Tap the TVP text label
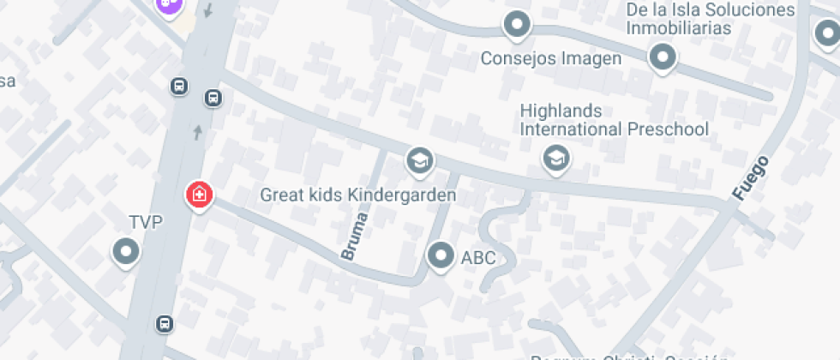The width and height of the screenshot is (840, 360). click(145, 223)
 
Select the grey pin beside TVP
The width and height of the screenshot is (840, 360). click(127, 252)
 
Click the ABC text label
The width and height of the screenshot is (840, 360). click(478, 257)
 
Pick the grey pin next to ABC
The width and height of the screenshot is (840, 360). click(441, 255)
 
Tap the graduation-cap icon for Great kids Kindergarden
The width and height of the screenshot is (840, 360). click(419, 160)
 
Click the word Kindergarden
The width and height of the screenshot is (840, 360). click(403, 195)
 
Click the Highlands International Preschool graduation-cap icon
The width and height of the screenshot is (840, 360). click(556, 158)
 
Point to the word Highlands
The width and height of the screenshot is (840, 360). click(561, 111)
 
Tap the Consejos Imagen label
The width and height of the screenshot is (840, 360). click(550, 59)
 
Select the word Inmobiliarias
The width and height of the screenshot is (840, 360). click(679, 28)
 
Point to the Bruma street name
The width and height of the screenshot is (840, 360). click(355, 236)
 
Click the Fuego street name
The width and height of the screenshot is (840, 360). click(750, 178)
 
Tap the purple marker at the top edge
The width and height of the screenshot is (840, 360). click(170, 4)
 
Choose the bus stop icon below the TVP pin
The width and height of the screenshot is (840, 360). click(164, 324)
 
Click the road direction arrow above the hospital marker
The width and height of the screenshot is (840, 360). click(199, 132)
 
